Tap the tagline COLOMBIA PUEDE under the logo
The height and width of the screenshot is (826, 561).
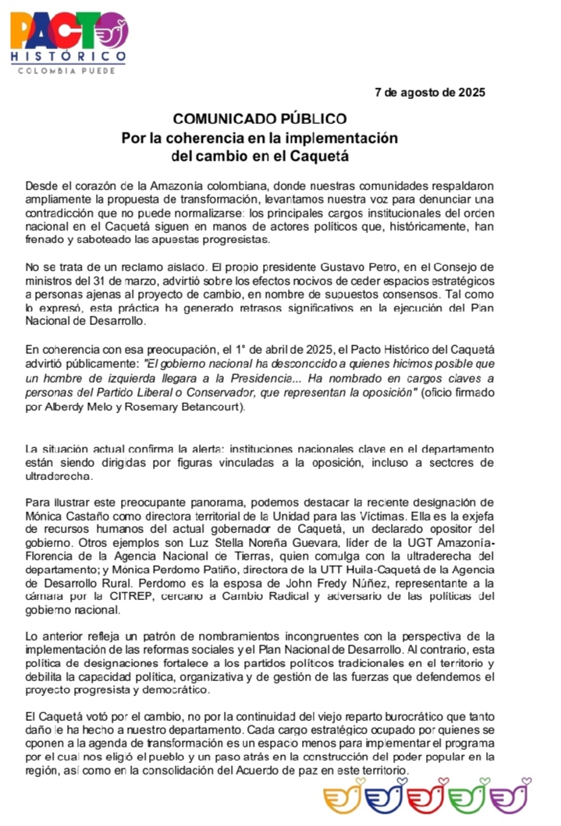coord(66,71)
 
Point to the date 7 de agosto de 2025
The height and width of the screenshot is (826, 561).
coord(430,92)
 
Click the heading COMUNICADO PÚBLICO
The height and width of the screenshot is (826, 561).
coord(259,119)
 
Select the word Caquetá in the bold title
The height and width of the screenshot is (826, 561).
coord(321,155)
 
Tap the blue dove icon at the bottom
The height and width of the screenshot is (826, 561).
coord(385,799)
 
